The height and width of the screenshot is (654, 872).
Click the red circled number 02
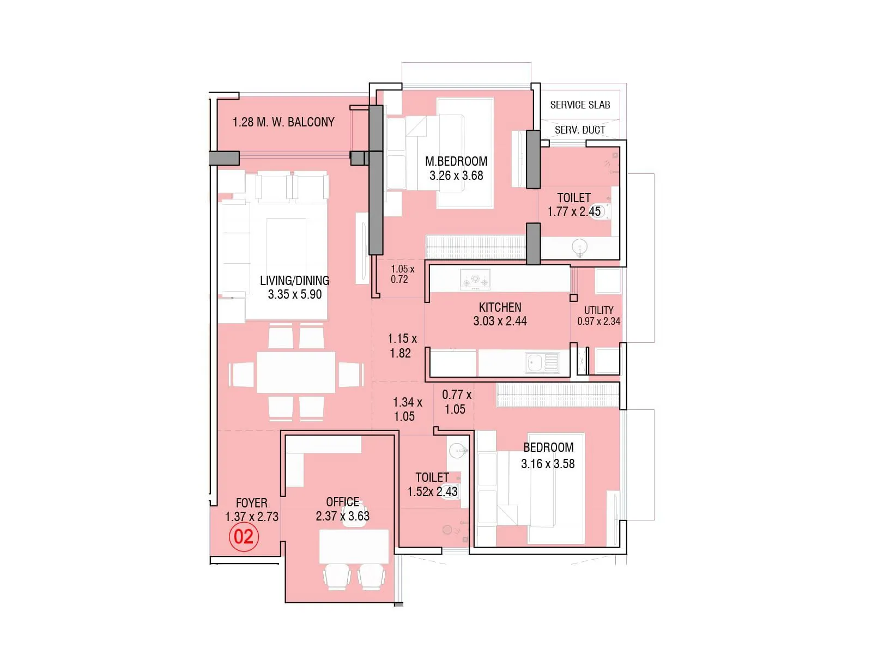[x=244, y=537]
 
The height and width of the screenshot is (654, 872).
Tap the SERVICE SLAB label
[x=580, y=105]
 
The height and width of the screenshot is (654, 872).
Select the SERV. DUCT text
[x=580, y=130]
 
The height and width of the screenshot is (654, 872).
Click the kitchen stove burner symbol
[x=475, y=280]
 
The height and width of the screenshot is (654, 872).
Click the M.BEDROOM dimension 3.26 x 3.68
[x=456, y=175]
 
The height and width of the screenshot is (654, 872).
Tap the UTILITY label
[x=598, y=310]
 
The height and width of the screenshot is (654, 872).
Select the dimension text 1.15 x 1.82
[x=402, y=346]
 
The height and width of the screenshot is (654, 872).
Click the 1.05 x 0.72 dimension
[x=402, y=274]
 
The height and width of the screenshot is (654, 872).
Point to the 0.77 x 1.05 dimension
[x=456, y=402]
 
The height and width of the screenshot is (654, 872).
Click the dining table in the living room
[x=296, y=372]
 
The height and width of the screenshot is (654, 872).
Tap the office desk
[x=354, y=546]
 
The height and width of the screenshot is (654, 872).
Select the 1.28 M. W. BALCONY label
[x=283, y=122]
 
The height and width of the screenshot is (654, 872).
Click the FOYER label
[x=251, y=502]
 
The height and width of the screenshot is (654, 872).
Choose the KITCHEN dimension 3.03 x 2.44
[x=500, y=321]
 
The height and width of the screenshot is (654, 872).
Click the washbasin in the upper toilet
[x=579, y=247]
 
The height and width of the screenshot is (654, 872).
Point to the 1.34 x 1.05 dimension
[x=407, y=409]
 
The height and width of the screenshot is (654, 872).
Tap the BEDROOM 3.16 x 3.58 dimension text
[x=548, y=464]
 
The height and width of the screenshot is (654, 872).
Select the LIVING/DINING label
[x=294, y=280]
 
